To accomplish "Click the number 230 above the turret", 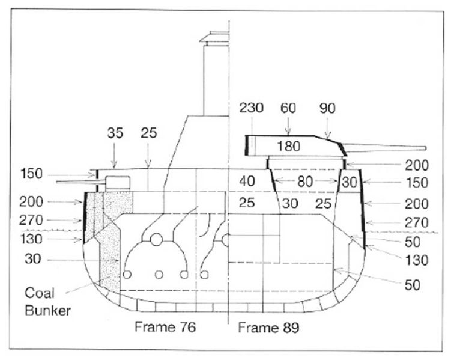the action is click(x=251, y=108).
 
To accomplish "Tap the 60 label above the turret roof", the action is click(x=288, y=108).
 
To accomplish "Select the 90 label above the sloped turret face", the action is click(x=327, y=108).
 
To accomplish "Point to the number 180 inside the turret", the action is click(x=289, y=147).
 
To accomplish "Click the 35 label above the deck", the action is click(x=115, y=133).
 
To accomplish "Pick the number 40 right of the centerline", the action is click(x=247, y=182).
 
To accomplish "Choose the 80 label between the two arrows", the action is click(x=305, y=182).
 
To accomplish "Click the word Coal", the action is click(x=40, y=293).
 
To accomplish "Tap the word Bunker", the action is click(x=48, y=311).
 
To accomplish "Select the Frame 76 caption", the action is click(x=165, y=327).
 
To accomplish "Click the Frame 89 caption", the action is click(x=268, y=328).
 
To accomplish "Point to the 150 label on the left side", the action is click(x=31, y=174).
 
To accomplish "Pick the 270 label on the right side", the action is click(x=416, y=222).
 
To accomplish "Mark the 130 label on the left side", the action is click(x=31, y=239).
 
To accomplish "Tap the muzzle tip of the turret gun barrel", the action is click(x=426, y=148).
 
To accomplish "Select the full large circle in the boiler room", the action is click(x=156, y=240).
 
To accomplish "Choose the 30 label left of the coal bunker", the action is click(x=32, y=259).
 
